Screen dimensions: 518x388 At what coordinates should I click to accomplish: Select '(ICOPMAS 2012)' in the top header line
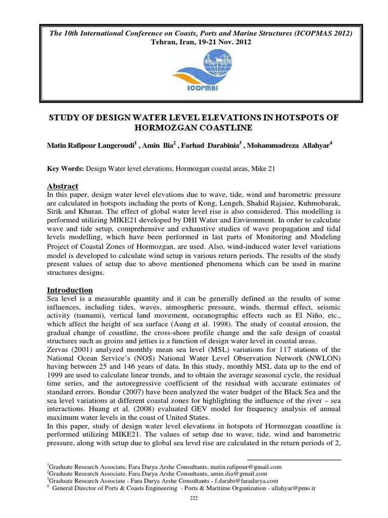pos(320,33)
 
